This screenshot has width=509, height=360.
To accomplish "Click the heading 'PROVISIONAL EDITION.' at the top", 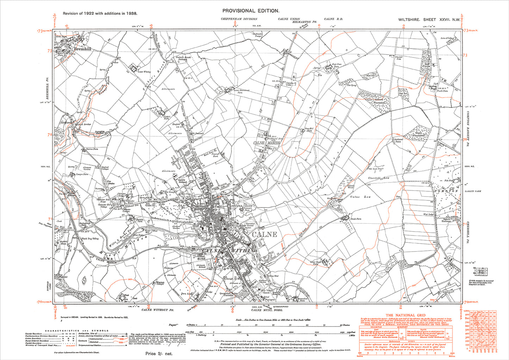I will pos(251,11).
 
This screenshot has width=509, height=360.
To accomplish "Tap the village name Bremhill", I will pos(83,49).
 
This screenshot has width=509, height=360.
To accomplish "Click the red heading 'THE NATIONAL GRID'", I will pos(405,315).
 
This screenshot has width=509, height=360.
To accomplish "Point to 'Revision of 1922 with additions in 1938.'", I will pos(100,13).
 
